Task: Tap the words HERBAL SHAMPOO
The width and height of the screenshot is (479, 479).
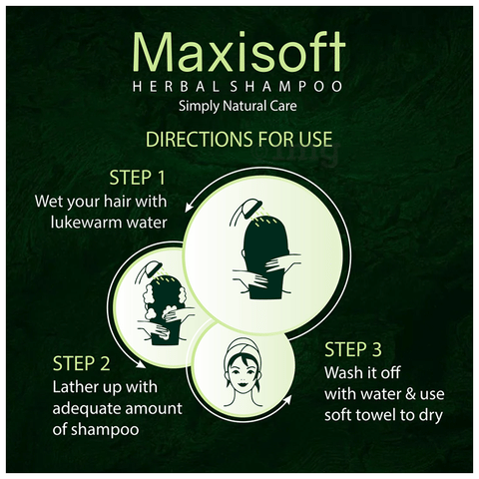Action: (239, 86)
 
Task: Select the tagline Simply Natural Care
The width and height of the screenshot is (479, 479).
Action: (239, 106)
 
